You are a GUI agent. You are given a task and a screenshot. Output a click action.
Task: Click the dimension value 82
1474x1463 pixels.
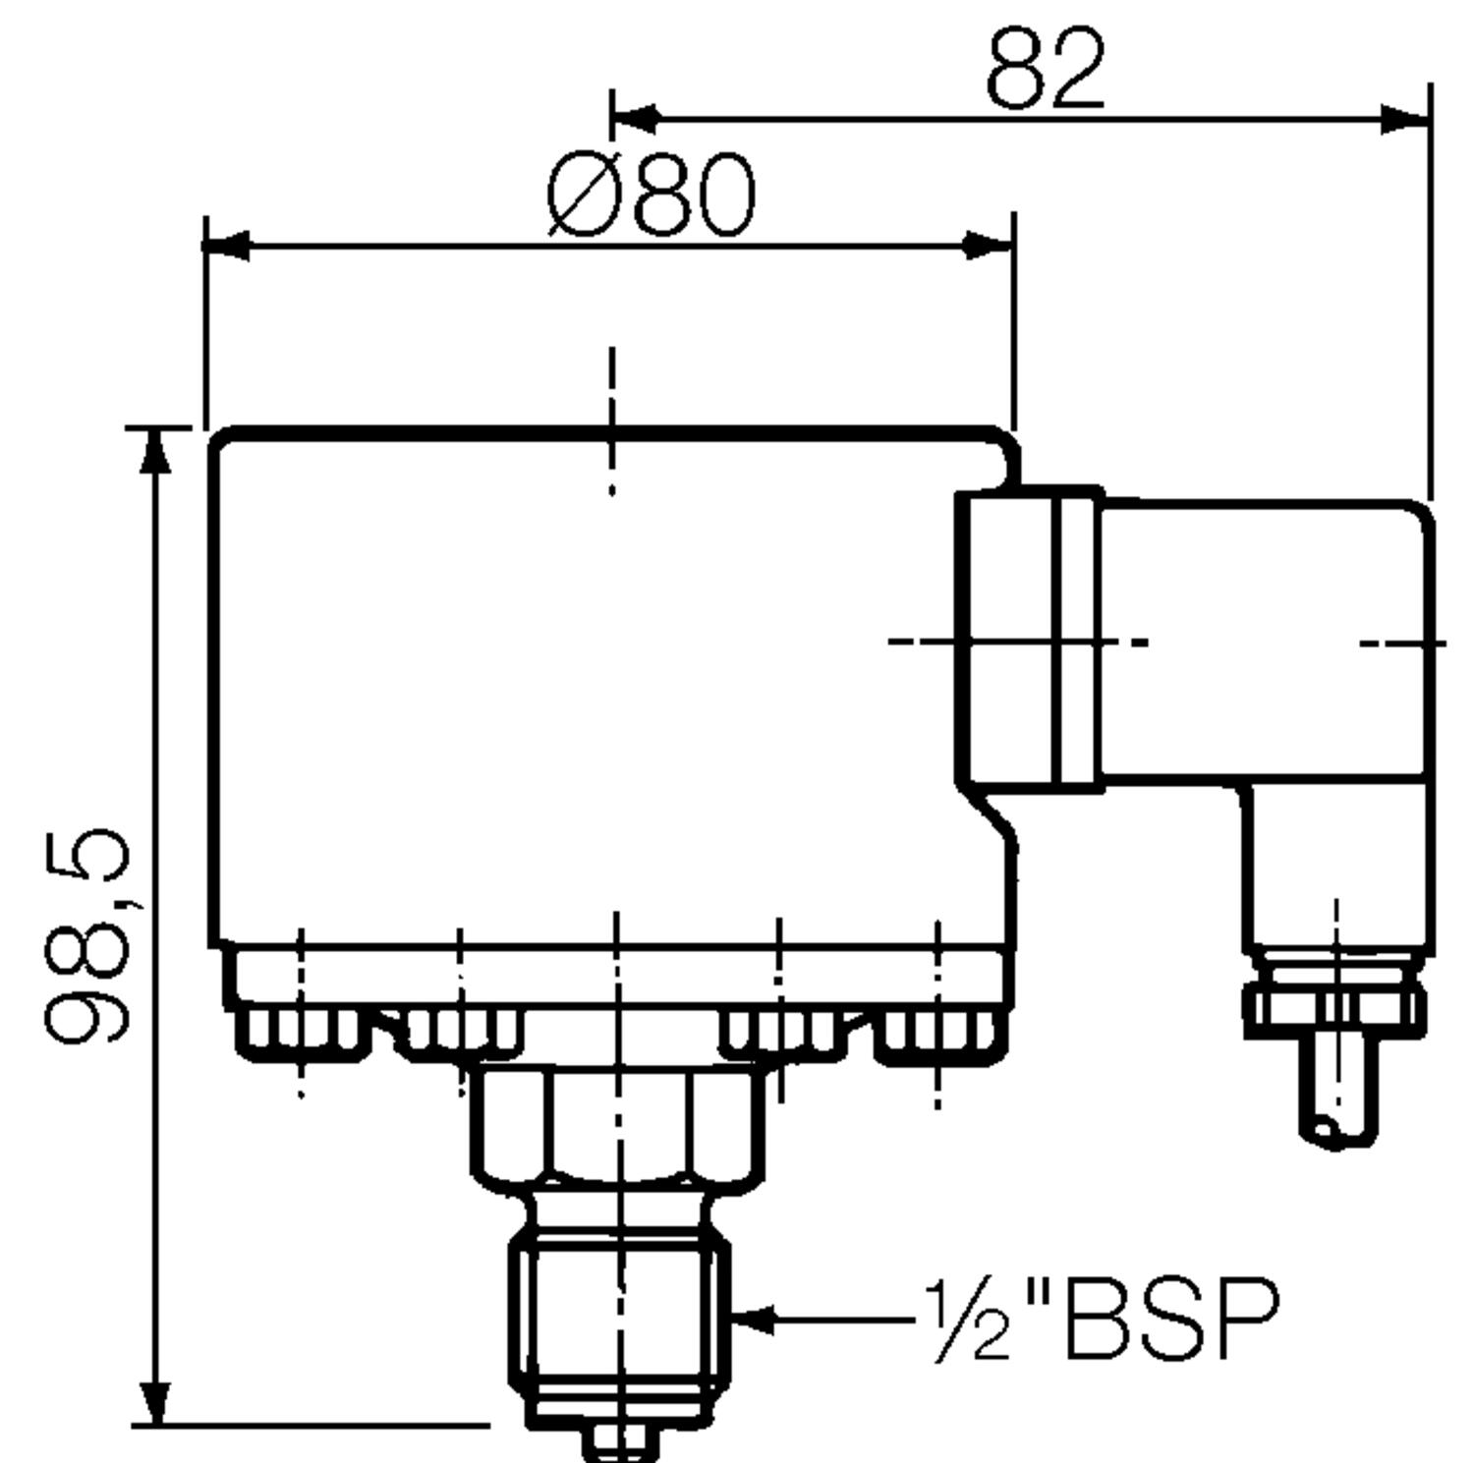pos(1046,69)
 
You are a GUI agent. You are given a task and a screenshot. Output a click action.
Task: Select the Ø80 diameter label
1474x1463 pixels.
pos(652,196)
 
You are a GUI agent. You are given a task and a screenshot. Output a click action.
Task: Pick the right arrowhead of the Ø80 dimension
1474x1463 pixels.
pos(991,246)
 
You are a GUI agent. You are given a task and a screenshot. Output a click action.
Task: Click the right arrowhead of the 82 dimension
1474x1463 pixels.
pos(1406,119)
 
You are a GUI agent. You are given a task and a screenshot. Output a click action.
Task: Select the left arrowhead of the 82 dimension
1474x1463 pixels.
pos(635,119)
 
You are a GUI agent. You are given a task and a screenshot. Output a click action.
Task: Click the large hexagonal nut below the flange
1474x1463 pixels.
pos(617,1125)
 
